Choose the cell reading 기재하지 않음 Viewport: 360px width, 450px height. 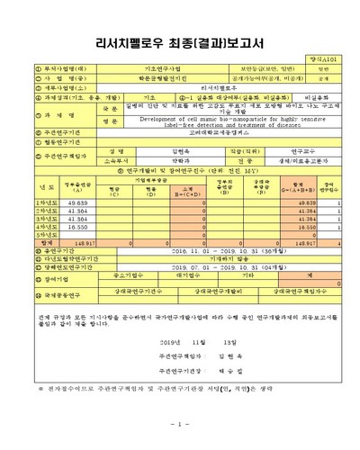206,260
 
